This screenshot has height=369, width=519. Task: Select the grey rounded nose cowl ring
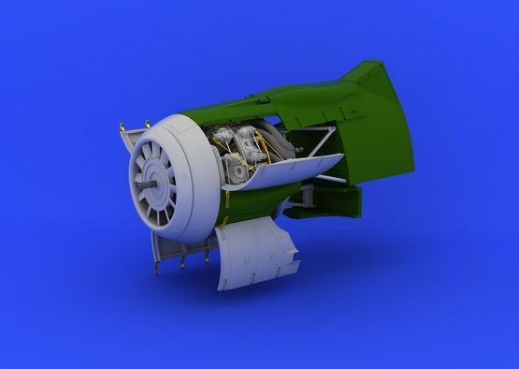point(195,141)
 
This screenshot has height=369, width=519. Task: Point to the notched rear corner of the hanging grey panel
point(290,253)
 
